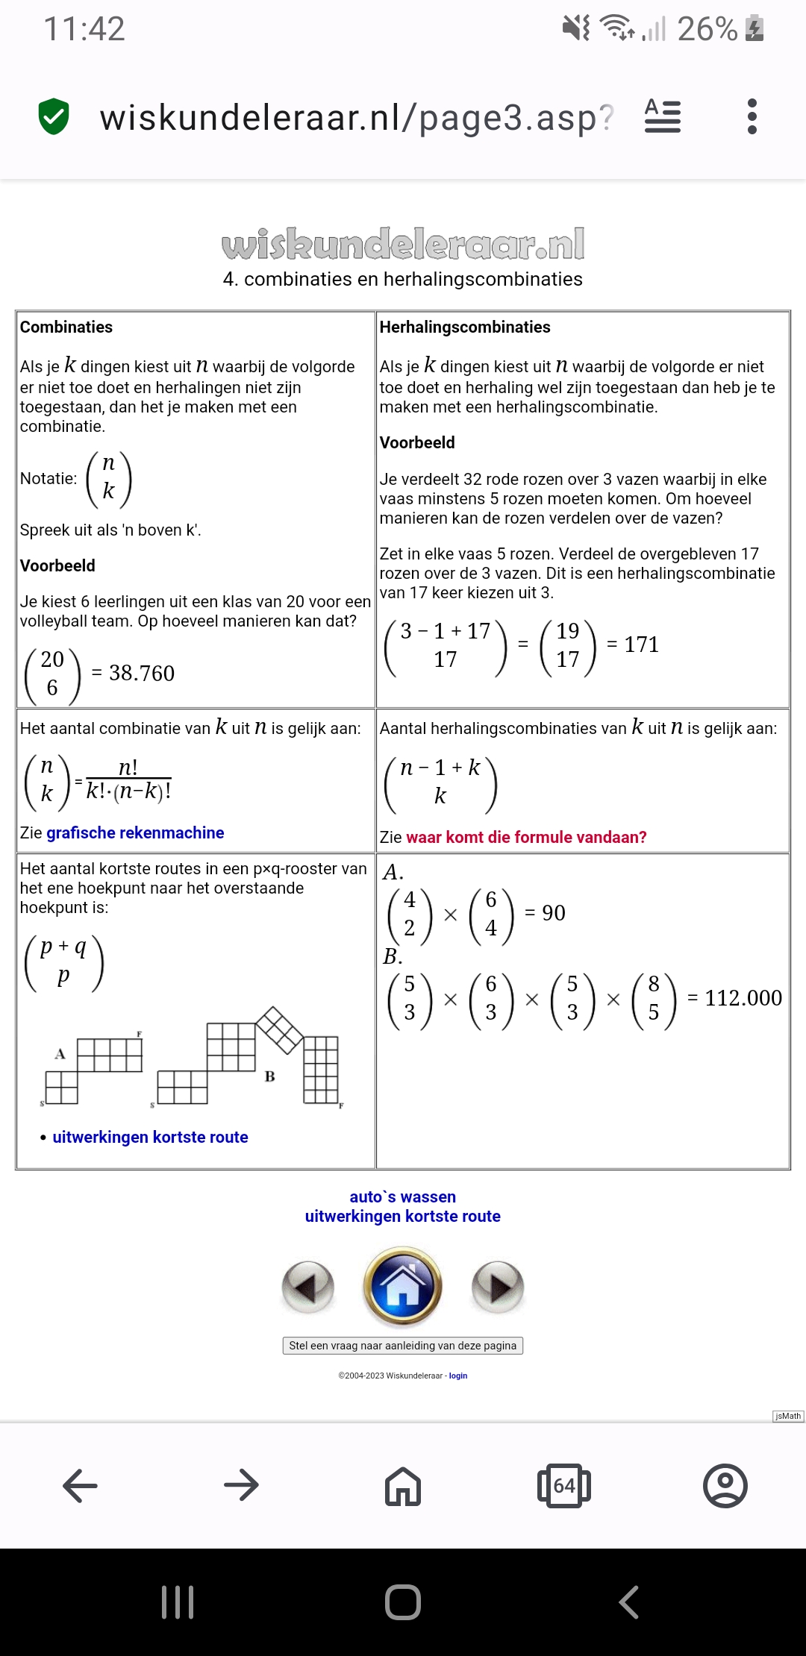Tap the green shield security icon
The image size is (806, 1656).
coord(54,116)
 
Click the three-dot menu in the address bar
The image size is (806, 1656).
coord(752,116)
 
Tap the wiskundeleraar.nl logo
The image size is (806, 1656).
coord(403,245)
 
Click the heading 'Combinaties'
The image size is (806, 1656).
coord(66,327)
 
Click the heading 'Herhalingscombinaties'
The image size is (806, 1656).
coord(465,327)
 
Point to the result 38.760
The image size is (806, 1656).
coord(142,674)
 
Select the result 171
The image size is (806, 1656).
coord(641,644)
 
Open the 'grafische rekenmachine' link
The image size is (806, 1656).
coord(135,832)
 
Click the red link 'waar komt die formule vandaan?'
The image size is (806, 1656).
coord(526,837)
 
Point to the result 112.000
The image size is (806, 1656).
coord(743,998)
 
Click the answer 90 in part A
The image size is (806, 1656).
coord(553,913)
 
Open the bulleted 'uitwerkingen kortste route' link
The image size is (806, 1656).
coord(150,1137)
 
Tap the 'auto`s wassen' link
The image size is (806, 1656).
coord(403,1196)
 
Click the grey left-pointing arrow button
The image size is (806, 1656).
coord(307,1286)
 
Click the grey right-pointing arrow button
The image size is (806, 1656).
coord(498,1286)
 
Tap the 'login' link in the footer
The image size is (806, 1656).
coord(458,1376)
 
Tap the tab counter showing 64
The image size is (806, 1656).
coord(564,1486)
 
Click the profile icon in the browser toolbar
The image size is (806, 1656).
coord(725,1486)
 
